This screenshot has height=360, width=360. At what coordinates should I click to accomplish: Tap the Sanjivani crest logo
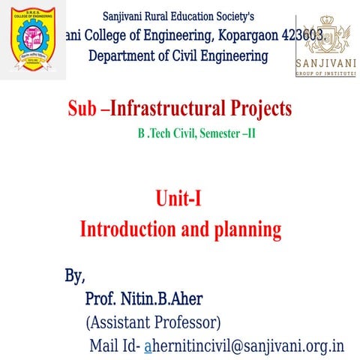click(325, 34)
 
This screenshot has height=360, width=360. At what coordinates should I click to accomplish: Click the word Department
click(124, 55)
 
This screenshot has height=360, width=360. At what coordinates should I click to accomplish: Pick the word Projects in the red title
click(259, 110)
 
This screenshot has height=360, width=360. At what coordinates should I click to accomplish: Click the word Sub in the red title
click(82, 110)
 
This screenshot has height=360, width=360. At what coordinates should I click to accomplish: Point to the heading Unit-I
click(179, 199)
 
